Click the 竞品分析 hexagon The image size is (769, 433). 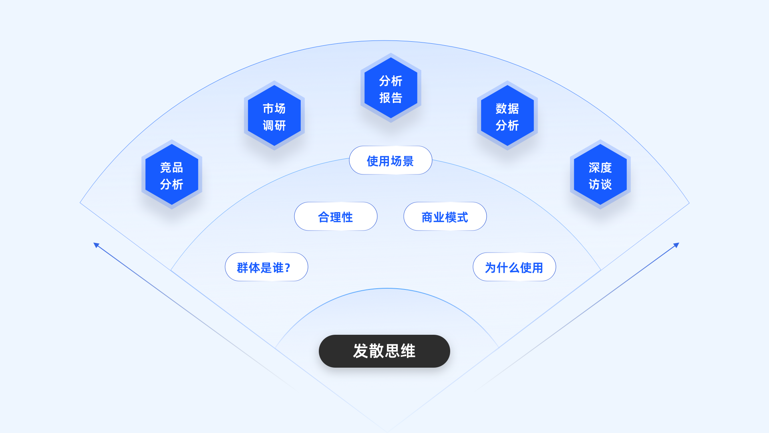172,175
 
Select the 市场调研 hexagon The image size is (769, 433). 274,116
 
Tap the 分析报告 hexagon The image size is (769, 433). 391,88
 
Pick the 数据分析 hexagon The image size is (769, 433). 507,116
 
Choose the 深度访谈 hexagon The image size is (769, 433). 600,175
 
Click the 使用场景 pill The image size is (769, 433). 391,160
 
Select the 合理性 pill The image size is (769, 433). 336,216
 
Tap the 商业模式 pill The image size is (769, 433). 445,216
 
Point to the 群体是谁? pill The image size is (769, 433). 266,267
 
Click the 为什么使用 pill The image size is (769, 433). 514,267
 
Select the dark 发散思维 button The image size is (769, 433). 384,351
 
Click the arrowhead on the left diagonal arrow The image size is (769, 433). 96,245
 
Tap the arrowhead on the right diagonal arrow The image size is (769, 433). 676,245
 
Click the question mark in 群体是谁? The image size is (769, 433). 288,267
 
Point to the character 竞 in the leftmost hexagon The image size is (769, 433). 166,167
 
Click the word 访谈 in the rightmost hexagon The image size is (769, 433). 600,184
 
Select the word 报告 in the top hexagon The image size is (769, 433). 391,98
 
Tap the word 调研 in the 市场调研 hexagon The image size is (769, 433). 274,125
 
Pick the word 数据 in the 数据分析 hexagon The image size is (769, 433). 507,108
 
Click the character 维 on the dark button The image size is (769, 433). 408,351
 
